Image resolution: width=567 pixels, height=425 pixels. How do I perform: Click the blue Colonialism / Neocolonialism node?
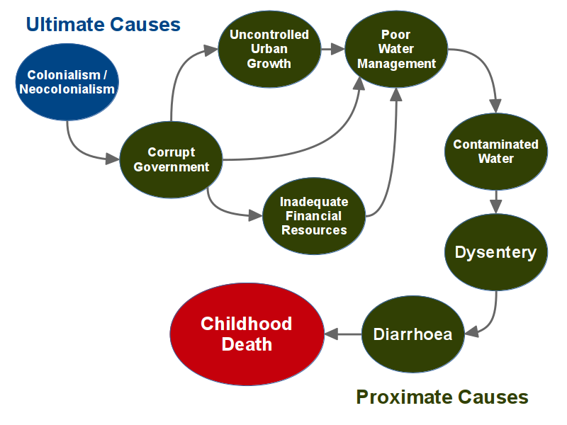pyautogui.click(x=67, y=82)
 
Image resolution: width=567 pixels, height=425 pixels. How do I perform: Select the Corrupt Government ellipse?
pyautogui.click(x=171, y=160)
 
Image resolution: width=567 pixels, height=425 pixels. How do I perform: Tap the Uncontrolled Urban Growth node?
pyautogui.click(x=269, y=49)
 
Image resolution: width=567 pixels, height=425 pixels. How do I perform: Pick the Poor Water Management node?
pyautogui.click(x=396, y=49)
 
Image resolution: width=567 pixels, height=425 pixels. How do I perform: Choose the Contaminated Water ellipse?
pyautogui.click(x=495, y=152)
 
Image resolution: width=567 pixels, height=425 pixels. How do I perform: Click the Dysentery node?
pyautogui.click(x=495, y=252)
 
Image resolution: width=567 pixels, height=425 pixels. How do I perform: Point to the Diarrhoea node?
pyautogui.click(x=413, y=334)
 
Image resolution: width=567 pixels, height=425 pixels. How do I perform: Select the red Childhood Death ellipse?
pyautogui.click(x=247, y=334)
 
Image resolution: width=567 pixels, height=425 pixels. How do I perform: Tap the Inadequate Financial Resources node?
pyautogui.click(x=314, y=216)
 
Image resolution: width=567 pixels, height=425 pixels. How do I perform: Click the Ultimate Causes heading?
pyautogui.click(x=103, y=25)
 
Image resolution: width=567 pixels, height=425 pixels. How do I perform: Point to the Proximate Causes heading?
pyautogui.click(x=442, y=397)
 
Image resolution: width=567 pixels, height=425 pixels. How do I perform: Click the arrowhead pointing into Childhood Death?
pyautogui.click(x=331, y=334)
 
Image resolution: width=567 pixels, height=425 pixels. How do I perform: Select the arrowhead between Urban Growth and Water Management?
pyautogui.click(x=338, y=49)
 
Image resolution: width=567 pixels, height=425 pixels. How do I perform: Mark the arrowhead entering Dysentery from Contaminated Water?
pyautogui.click(x=495, y=207)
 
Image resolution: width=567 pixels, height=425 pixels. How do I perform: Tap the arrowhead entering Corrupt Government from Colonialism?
pyautogui.click(x=113, y=158)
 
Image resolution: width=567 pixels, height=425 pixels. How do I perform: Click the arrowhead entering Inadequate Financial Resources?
pyautogui.click(x=255, y=216)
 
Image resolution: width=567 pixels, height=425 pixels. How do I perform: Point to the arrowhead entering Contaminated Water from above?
pyautogui.click(x=495, y=106)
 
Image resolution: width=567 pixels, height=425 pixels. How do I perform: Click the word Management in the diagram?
pyautogui.click(x=397, y=64)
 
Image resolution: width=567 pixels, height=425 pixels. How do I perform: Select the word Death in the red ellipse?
pyautogui.click(x=247, y=344)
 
